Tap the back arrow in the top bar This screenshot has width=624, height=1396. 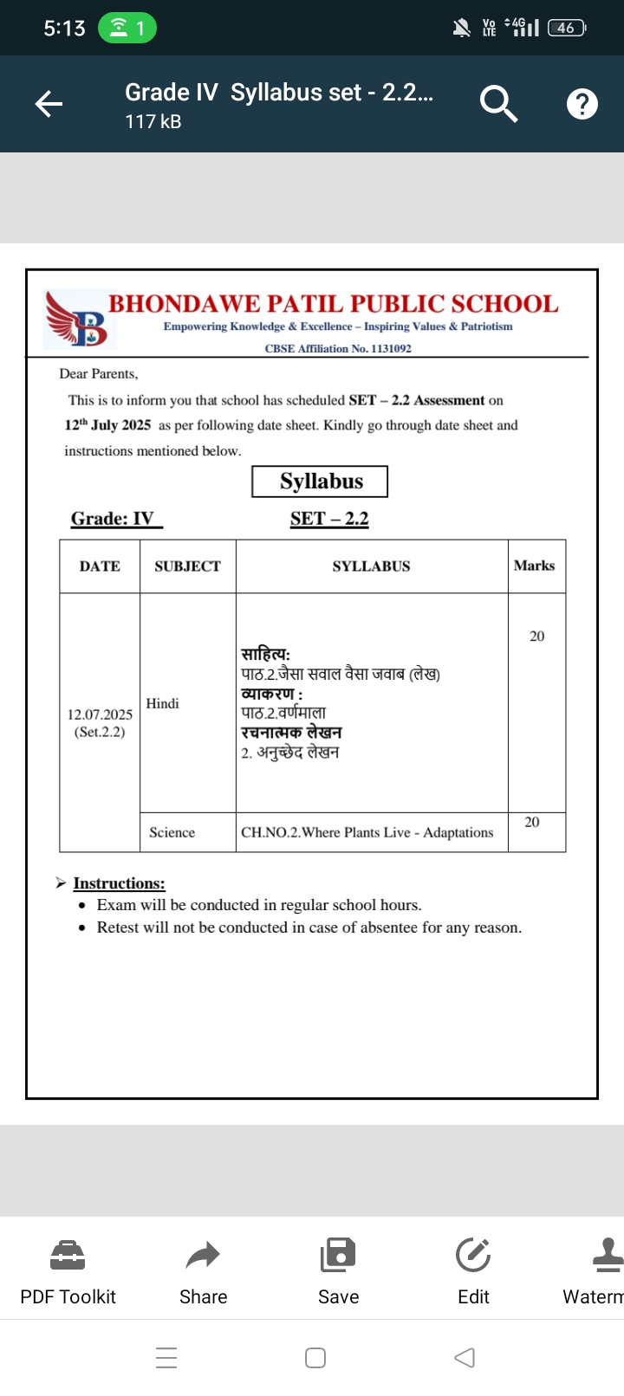(x=49, y=105)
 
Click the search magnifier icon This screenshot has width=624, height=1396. (x=498, y=104)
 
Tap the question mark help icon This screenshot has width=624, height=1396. (x=582, y=104)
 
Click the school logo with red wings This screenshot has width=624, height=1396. (x=78, y=319)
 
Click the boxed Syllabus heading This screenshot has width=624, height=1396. (x=320, y=481)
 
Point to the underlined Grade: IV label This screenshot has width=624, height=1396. (x=114, y=519)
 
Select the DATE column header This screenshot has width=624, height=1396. (x=100, y=566)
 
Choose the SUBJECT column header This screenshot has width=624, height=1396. (x=187, y=566)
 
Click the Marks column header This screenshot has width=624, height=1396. (x=534, y=566)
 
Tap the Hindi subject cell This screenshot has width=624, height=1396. (x=163, y=703)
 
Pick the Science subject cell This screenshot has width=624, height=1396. (x=172, y=832)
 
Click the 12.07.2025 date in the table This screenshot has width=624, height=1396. (x=100, y=714)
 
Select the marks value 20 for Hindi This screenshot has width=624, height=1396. (x=537, y=637)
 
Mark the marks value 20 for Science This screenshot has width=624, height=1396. (x=532, y=822)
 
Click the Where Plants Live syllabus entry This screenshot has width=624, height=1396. (x=367, y=832)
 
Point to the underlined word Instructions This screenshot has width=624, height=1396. (x=119, y=883)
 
